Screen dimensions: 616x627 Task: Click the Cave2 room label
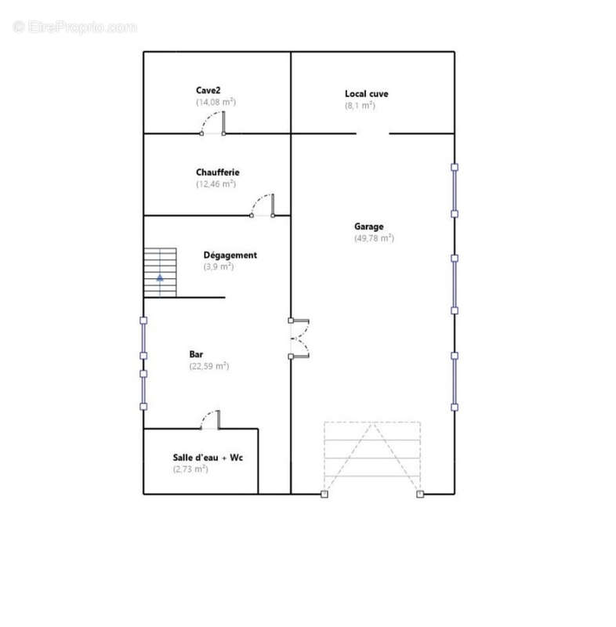point(208,90)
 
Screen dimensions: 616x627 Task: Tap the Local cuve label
point(367,93)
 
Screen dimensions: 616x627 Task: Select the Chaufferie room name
point(217,172)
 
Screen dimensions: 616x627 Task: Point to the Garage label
point(368,227)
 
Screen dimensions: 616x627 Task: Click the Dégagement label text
point(230,256)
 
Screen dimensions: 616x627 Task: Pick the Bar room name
point(196,354)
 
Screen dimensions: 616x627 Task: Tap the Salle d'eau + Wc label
point(208,458)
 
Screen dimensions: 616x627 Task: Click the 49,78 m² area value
point(374,238)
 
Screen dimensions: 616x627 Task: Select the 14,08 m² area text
point(216,102)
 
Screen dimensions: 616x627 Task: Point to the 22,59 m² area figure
point(209,366)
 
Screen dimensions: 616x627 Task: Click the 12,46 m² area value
point(216,184)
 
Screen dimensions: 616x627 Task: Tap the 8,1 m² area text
point(361,106)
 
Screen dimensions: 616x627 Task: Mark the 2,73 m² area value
point(190,469)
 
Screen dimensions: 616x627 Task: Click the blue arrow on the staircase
point(160,277)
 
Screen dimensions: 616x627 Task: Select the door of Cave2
point(212,123)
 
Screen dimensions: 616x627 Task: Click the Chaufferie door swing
point(263,205)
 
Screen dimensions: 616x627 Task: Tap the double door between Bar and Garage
point(299,339)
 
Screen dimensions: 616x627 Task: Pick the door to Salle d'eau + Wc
point(210,420)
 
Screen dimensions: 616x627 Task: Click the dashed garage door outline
point(372,458)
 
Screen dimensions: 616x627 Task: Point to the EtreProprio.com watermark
point(74,27)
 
